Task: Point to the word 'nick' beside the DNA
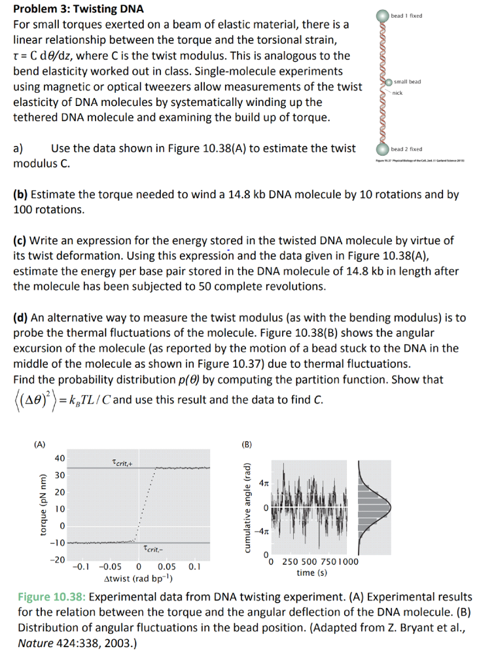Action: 397,93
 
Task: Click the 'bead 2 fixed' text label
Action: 406,149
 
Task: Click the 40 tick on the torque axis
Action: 60,458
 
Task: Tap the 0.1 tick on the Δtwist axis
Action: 194,567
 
